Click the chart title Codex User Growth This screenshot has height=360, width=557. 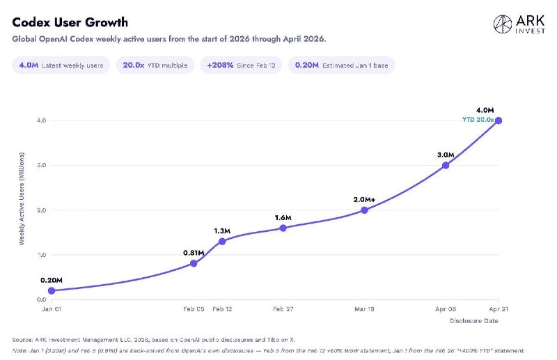coord(70,22)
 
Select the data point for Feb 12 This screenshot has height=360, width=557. coord(222,241)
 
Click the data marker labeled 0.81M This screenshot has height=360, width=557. coord(194,263)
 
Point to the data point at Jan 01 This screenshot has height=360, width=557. coord(52,290)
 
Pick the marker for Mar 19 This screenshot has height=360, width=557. coord(364,210)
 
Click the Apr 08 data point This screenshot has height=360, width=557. coord(446,165)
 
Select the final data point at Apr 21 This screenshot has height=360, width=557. coord(499,120)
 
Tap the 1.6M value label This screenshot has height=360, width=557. coord(283,218)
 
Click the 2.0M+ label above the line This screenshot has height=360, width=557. coord(365,199)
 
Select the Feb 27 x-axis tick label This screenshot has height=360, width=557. coord(283,308)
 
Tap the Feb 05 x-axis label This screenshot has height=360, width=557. coord(193,308)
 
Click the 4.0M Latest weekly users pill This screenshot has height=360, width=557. coord(61,65)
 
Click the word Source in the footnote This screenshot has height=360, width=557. coord(24,339)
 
